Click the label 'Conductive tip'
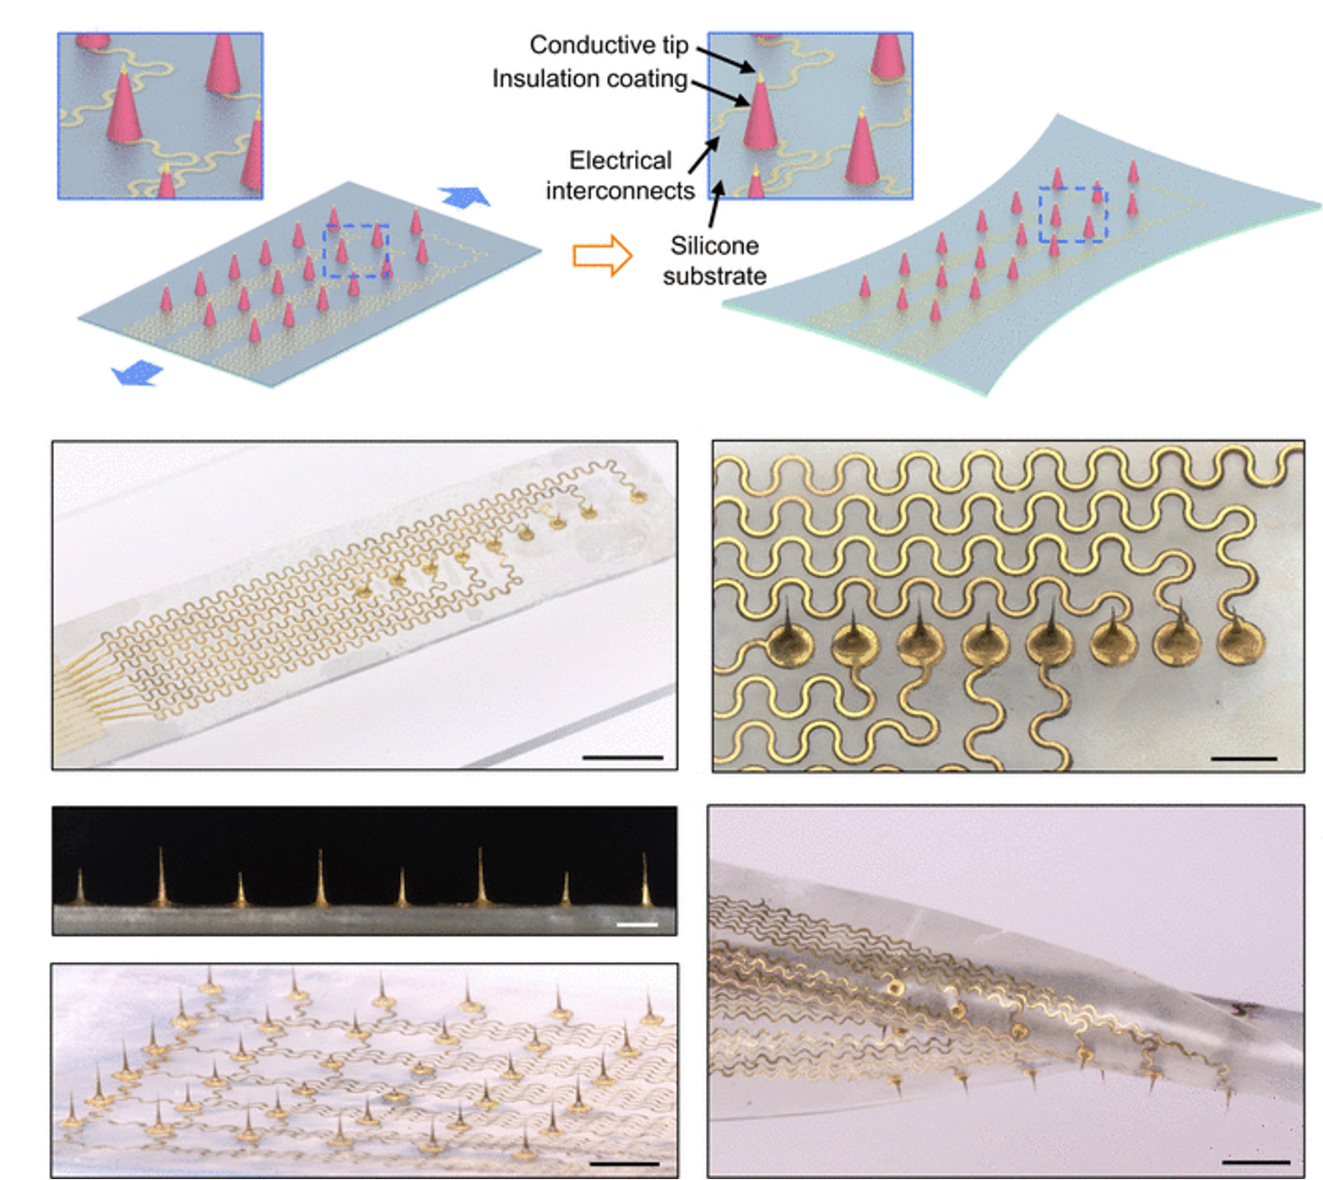[x=609, y=45]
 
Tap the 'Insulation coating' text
[x=589, y=79]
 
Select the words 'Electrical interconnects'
[x=621, y=176]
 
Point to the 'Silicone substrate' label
[x=714, y=260]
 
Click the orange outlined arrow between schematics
[x=602, y=255]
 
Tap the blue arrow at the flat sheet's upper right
[x=464, y=197]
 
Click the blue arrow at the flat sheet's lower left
[x=137, y=372]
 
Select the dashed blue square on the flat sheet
[x=355, y=251]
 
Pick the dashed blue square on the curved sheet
[x=1072, y=215]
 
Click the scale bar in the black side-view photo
[x=637, y=925]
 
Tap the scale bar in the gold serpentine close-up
[x=1244, y=759]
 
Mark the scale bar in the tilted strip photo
[x=623, y=758]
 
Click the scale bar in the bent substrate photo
[x=1256, y=1162]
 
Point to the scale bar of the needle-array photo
[x=625, y=1163]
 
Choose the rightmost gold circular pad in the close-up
[x=1241, y=643]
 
